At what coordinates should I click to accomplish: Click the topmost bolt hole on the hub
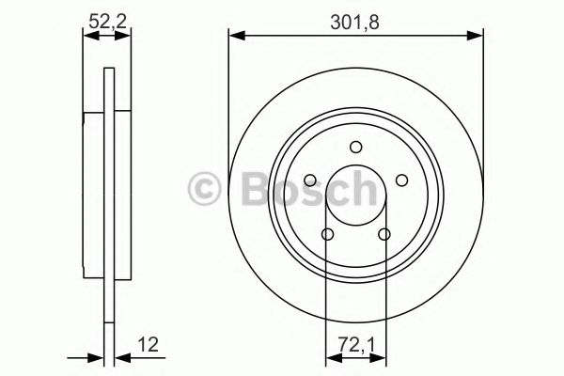tap(355, 146)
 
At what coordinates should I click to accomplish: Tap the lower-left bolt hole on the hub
tap(328, 234)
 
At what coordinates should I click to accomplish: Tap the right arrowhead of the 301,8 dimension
tap(478, 37)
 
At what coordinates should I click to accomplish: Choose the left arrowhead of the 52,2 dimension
tap(87, 37)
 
